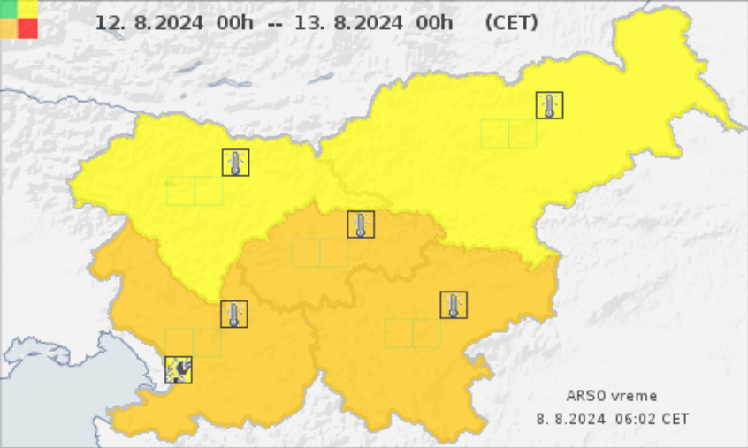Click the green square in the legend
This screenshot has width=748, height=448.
(9, 9)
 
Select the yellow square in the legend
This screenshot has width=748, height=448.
(28, 9)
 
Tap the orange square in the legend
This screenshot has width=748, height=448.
(9, 28)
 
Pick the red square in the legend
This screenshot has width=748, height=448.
(28, 28)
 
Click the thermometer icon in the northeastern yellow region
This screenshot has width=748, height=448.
(550, 106)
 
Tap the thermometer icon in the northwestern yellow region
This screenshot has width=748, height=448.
(235, 163)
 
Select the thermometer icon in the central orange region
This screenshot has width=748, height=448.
(361, 224)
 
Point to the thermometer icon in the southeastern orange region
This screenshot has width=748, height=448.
(454, 305)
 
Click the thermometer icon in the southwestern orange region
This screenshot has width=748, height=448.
(234, 314)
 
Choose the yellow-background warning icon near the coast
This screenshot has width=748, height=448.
(179, 368)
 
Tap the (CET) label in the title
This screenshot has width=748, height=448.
(511, 23)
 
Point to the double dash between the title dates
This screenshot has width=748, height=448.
(275, 24)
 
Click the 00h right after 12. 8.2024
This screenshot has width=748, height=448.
(233, 23)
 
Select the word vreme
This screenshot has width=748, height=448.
(634, 397)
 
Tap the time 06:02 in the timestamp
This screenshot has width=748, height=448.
(637, 418)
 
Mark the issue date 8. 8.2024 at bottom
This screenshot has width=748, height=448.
(571, 418)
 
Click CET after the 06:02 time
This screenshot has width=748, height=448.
(675, 418)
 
